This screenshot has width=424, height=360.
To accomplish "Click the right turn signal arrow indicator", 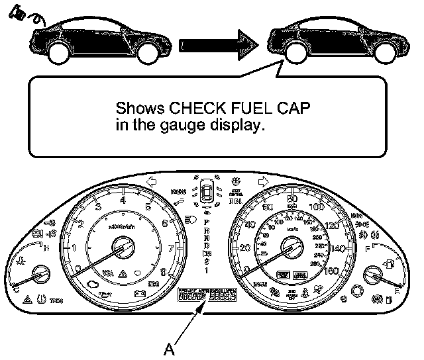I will point(264,181).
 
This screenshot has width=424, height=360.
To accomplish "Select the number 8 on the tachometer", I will point(164,271).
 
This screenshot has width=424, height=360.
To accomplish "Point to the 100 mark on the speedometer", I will point(316,207).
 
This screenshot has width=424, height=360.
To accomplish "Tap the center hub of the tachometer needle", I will point(122,249).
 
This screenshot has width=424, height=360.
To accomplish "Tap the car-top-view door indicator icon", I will point(207,193).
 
